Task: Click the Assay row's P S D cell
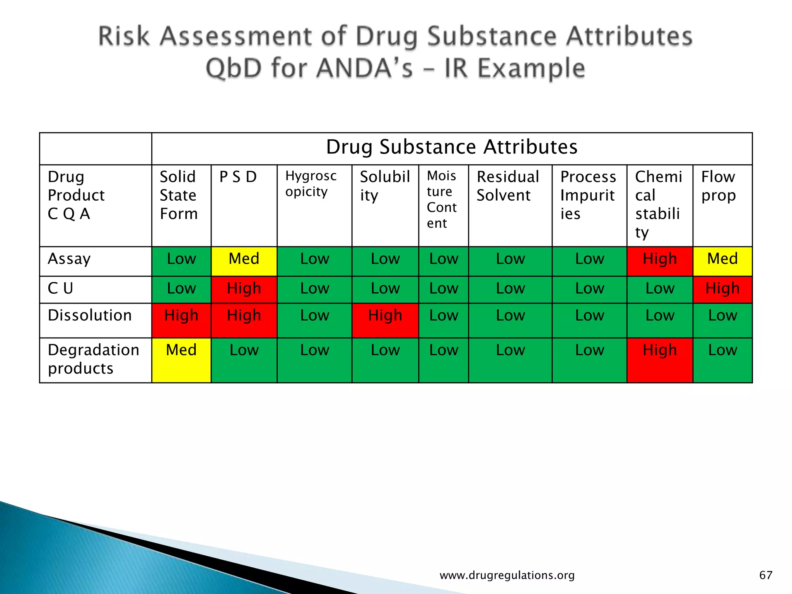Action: [244, 261]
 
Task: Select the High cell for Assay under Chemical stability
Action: [660, 261]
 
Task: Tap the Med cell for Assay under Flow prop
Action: [722, 261]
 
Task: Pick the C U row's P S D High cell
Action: [244, 289]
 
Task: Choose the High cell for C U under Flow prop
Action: [722, 289]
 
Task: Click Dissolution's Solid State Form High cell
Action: [181, 320]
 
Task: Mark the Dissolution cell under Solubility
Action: [385, 320]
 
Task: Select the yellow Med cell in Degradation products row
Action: [181, 360]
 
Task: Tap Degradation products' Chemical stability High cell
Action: [660, 360]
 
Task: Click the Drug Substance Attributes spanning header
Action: [452, 147]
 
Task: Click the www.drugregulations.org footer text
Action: [507, 575]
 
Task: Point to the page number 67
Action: [766, 575]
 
